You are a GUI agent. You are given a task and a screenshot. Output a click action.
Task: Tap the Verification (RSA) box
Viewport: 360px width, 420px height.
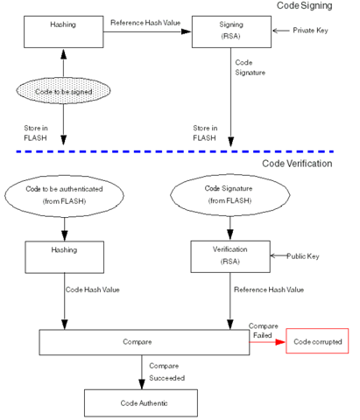230,256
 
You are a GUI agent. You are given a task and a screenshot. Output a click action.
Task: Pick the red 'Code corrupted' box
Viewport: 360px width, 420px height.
317,341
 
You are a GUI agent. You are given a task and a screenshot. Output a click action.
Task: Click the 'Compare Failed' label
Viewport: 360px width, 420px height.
264,328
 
